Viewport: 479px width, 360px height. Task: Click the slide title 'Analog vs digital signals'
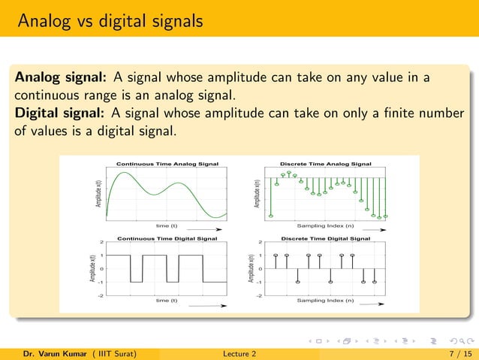coord(110,20)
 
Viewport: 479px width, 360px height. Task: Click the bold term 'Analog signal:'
coord(62,79)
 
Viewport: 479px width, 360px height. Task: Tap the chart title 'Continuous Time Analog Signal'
coord(167,162)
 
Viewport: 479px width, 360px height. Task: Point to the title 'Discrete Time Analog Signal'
coord(325,162)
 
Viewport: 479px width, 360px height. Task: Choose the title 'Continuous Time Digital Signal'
coord(167,238)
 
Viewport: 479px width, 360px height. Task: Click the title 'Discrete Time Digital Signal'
coord(325,238)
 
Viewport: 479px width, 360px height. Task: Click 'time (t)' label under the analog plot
coord(166,225)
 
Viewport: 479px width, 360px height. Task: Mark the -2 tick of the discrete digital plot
coord(259,296)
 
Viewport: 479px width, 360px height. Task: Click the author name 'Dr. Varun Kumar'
coord(50,352)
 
